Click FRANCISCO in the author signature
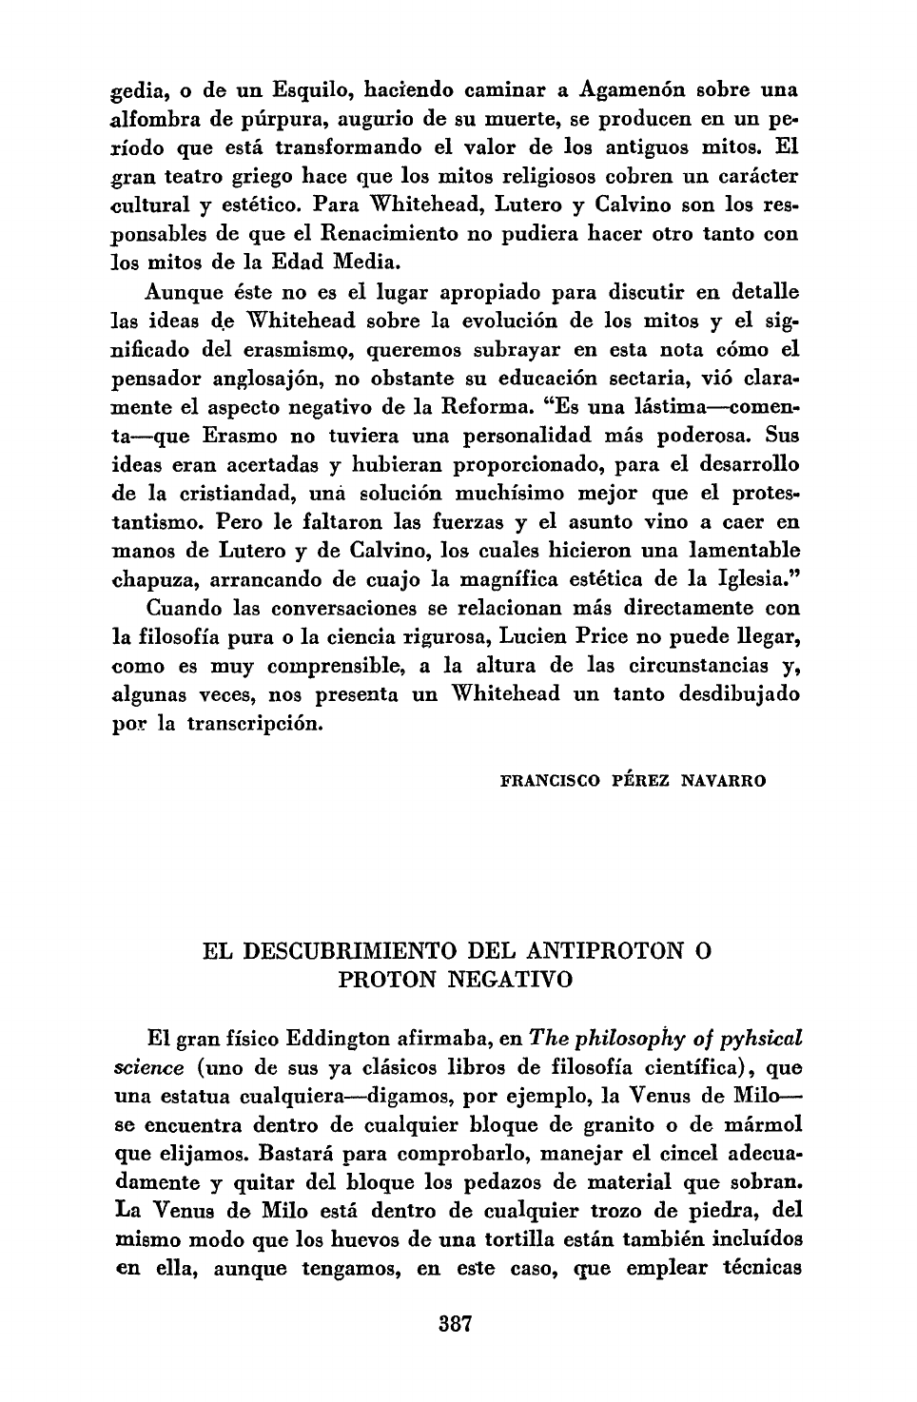(549, 782)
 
